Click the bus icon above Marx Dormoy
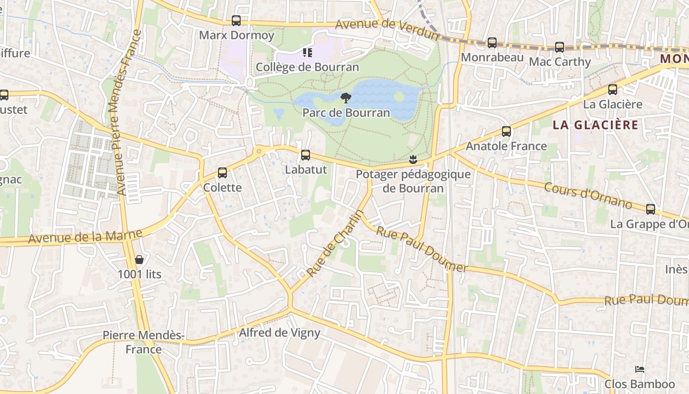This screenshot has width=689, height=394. (236, 21)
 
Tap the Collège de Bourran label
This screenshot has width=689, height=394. (307, 67)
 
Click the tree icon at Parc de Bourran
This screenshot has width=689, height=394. (346, 98)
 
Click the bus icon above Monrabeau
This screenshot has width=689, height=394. (492, 43)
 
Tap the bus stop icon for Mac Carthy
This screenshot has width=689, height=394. (560, 47)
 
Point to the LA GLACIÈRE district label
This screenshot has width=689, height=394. (595, 125)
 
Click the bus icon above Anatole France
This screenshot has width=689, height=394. (506, 131)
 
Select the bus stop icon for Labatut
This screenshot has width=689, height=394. (306, 155)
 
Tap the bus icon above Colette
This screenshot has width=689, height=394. (222, 173)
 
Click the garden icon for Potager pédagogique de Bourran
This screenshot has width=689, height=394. (413, 159)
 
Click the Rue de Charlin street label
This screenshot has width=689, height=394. (335, 243)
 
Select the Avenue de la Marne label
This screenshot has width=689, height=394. (85, 236)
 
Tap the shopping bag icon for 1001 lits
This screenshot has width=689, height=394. (139, 260)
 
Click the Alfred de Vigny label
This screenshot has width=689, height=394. (279, 333)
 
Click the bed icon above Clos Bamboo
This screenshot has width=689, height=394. (639, 369)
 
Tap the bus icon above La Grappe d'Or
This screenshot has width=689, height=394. (651, 209)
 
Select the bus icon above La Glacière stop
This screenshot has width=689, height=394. (613, 90)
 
